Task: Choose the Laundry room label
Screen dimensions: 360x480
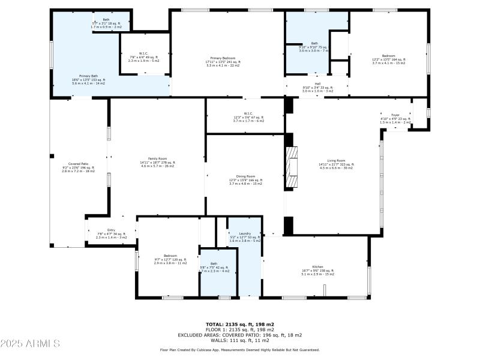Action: [x=244, y=233]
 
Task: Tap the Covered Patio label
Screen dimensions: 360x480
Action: [x=79, y=164]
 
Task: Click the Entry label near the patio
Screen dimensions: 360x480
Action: [x=111, y=230]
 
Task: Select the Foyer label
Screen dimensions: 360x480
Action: [x=395, y=115]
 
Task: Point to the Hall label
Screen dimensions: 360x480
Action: [x=317, y=84]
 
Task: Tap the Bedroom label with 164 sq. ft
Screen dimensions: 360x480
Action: [x=389, y=56]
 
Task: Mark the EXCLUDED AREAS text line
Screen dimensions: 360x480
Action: [x=239, y=335]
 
